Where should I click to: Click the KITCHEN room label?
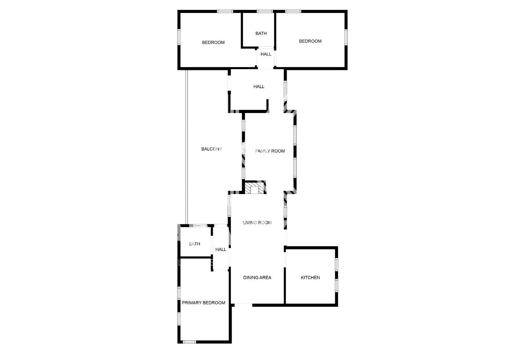click(310, 278)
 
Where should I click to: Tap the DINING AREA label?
click(257, 278)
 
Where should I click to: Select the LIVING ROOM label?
click(257, 223)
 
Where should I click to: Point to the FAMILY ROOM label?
click(270, 151)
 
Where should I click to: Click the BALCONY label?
click(212, 149)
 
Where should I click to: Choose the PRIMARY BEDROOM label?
click(203, 303)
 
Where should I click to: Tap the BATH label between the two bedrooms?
click(261, 33)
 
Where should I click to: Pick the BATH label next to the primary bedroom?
click(194, 244)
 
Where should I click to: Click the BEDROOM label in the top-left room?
click(213, 42)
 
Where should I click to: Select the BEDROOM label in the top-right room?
click(310, 41)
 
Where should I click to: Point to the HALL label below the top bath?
click(266, 54)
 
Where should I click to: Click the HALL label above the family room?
click(259, 87)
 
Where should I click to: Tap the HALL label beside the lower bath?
click(220, 250)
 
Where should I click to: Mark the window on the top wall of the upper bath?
click(264, 11)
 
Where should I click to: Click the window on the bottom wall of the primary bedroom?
click(189, 342)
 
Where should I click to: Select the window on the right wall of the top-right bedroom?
click(346, 37)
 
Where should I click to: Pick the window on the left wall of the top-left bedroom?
click(179, 37)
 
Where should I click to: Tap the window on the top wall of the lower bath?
click(200, 226)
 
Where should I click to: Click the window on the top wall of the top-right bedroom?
click(293, 11)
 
